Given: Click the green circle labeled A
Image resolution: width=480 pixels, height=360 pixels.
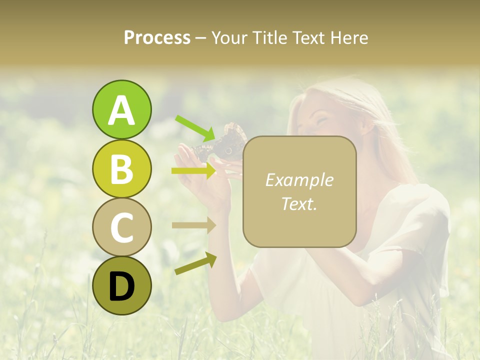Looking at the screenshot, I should click(121, 109).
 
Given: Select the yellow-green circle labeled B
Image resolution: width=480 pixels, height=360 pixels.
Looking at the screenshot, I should click(121, 168).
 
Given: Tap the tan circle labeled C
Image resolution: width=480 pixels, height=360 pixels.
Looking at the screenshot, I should click(121, 227).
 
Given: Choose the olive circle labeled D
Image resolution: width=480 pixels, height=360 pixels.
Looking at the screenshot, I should click(121, 285).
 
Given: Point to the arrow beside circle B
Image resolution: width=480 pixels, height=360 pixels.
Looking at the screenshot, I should click(194, 171).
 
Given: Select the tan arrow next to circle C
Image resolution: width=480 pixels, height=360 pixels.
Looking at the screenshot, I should click(194, 225).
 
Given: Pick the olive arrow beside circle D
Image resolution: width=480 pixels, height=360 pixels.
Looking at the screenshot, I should click(195, 263).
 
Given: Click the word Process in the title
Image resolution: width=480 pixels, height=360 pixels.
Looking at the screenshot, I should click(157, 37).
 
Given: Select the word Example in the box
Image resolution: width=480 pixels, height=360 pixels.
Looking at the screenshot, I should click(299, 180).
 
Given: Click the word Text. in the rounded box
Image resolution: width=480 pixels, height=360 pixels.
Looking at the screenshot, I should click(299, 203).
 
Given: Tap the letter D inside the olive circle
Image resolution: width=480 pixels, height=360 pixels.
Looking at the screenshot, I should click(121, 286).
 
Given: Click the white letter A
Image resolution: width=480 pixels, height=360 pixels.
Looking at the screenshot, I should click(121, 110).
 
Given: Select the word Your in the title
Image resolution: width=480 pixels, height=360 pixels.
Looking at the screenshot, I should click(228, 37).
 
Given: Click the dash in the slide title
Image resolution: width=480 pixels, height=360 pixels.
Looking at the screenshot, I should click(200, 38).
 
